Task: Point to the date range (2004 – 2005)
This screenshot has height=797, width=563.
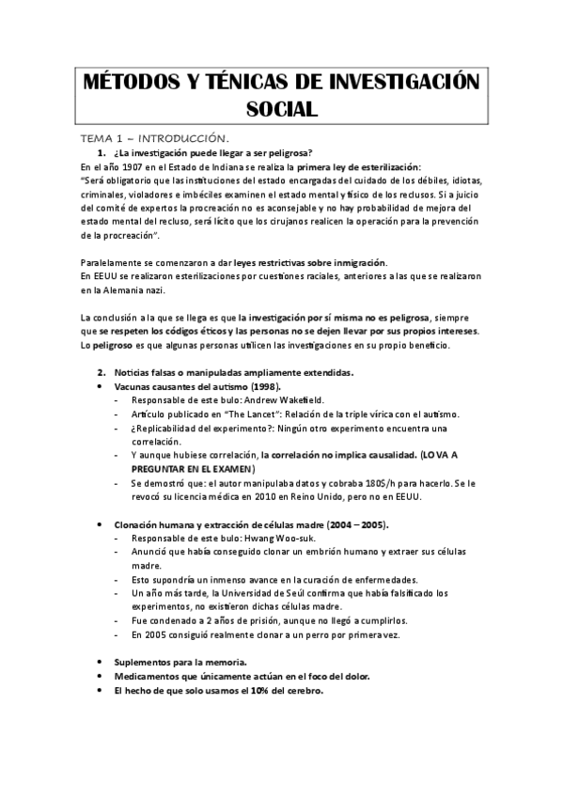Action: (357, 524)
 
